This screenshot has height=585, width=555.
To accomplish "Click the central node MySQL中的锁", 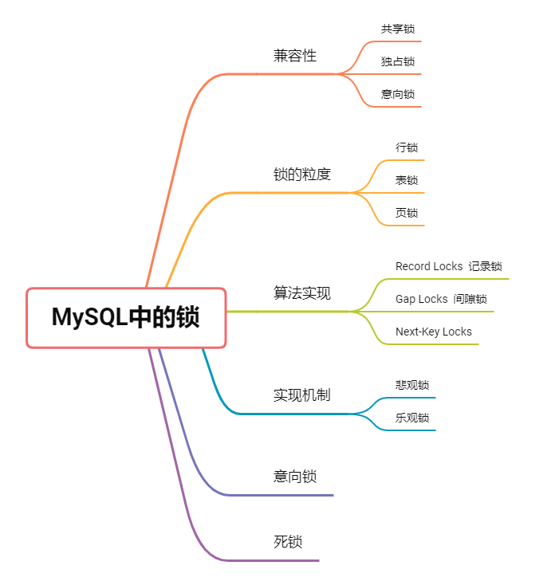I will pyautogui.click(x=126, y=317).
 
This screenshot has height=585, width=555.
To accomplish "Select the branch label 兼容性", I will pyautogui.click(x=295, y=56).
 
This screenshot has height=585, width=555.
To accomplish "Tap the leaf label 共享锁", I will pyautogui.click(x=398, y=29).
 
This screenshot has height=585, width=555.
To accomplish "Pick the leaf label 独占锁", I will pyautogui.click(x=398, y=61).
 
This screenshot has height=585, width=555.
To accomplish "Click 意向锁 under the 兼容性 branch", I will pyautogui.click(x=398, y=94).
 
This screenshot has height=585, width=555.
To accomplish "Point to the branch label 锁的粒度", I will pyautogui.click(x=302, y=175).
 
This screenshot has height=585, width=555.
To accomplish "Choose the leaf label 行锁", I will pyautogui.click(x=407, y=147).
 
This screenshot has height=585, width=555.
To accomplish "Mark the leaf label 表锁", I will pyautogui.click(x=407, y=180).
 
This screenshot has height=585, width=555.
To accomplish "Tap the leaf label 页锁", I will pyautogui.click(x=407, y=213).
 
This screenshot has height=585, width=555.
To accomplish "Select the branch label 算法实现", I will pyautogui.click(x=302, y=293).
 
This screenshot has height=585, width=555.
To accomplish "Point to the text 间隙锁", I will pyautogui.click(x=470, y=299).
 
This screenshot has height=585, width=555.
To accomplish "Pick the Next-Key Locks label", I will pyautogui.click(x=434, y=332).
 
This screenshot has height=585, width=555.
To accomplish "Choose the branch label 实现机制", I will pyautogui.click(x=302, y=395).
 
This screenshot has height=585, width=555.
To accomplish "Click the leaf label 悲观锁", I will pyautogui.click(x=412, y=385).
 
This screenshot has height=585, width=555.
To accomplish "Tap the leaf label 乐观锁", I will pyautogui.click(x=412, y=418).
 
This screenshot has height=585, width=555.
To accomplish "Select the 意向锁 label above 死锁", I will pyautogui.click(x=295, y=477).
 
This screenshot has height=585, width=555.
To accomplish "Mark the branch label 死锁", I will pyautogui.click(x=288, y=542).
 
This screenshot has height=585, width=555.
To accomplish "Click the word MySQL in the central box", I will pyautogui.click(x=90, y=317).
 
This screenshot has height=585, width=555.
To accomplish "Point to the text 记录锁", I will pyautogui.click(x=486, y=266).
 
